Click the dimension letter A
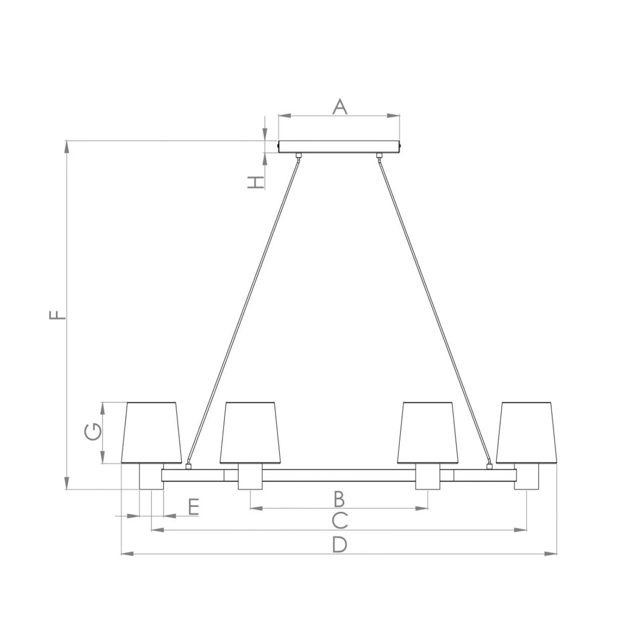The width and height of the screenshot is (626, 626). pyautogui.click(x=340, y=106)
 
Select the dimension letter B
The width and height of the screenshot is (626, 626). pyautogui.click(x=339, y=498)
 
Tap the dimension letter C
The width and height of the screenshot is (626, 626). pyautogui.click(x=340, y=520)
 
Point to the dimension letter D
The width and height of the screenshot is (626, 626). pyautogui.click(x=340, y=545)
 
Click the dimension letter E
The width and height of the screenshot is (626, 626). pyautogui.click(x=193, y=507)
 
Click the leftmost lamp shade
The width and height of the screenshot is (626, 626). pyautogui.click(x=152, y=433)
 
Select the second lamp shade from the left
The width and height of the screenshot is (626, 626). pyautogui.click(x=250, y=433)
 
